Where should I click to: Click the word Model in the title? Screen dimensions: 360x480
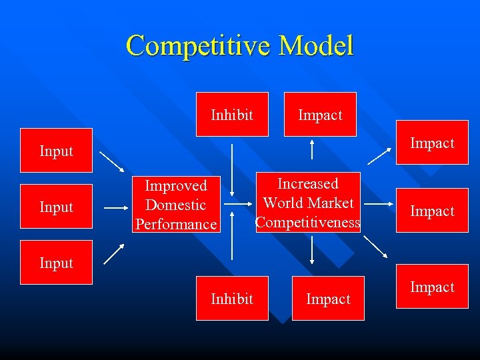tap(316, 46)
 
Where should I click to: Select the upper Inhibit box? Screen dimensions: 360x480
tap(232, 115)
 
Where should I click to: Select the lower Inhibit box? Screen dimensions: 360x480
tap(232, 299)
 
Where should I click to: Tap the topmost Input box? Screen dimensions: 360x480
tap(56, 151)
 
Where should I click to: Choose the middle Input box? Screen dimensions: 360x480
tap(56, 207)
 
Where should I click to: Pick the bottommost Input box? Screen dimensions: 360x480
tap(56, 263)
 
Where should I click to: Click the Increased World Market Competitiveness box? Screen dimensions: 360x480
tap(308, 203)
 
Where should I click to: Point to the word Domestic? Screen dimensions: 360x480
tap(175, 205)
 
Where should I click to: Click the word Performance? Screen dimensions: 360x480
tap(176, 224)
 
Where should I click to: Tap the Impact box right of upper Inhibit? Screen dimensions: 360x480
tap(320, 115)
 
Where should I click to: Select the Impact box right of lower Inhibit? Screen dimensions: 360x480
tap(328, 299)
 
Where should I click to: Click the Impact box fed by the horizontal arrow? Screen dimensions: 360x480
tap(432, 211)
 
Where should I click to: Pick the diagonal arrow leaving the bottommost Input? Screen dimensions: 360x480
tap(113, 253)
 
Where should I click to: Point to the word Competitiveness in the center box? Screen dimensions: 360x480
tap(308, 223)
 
